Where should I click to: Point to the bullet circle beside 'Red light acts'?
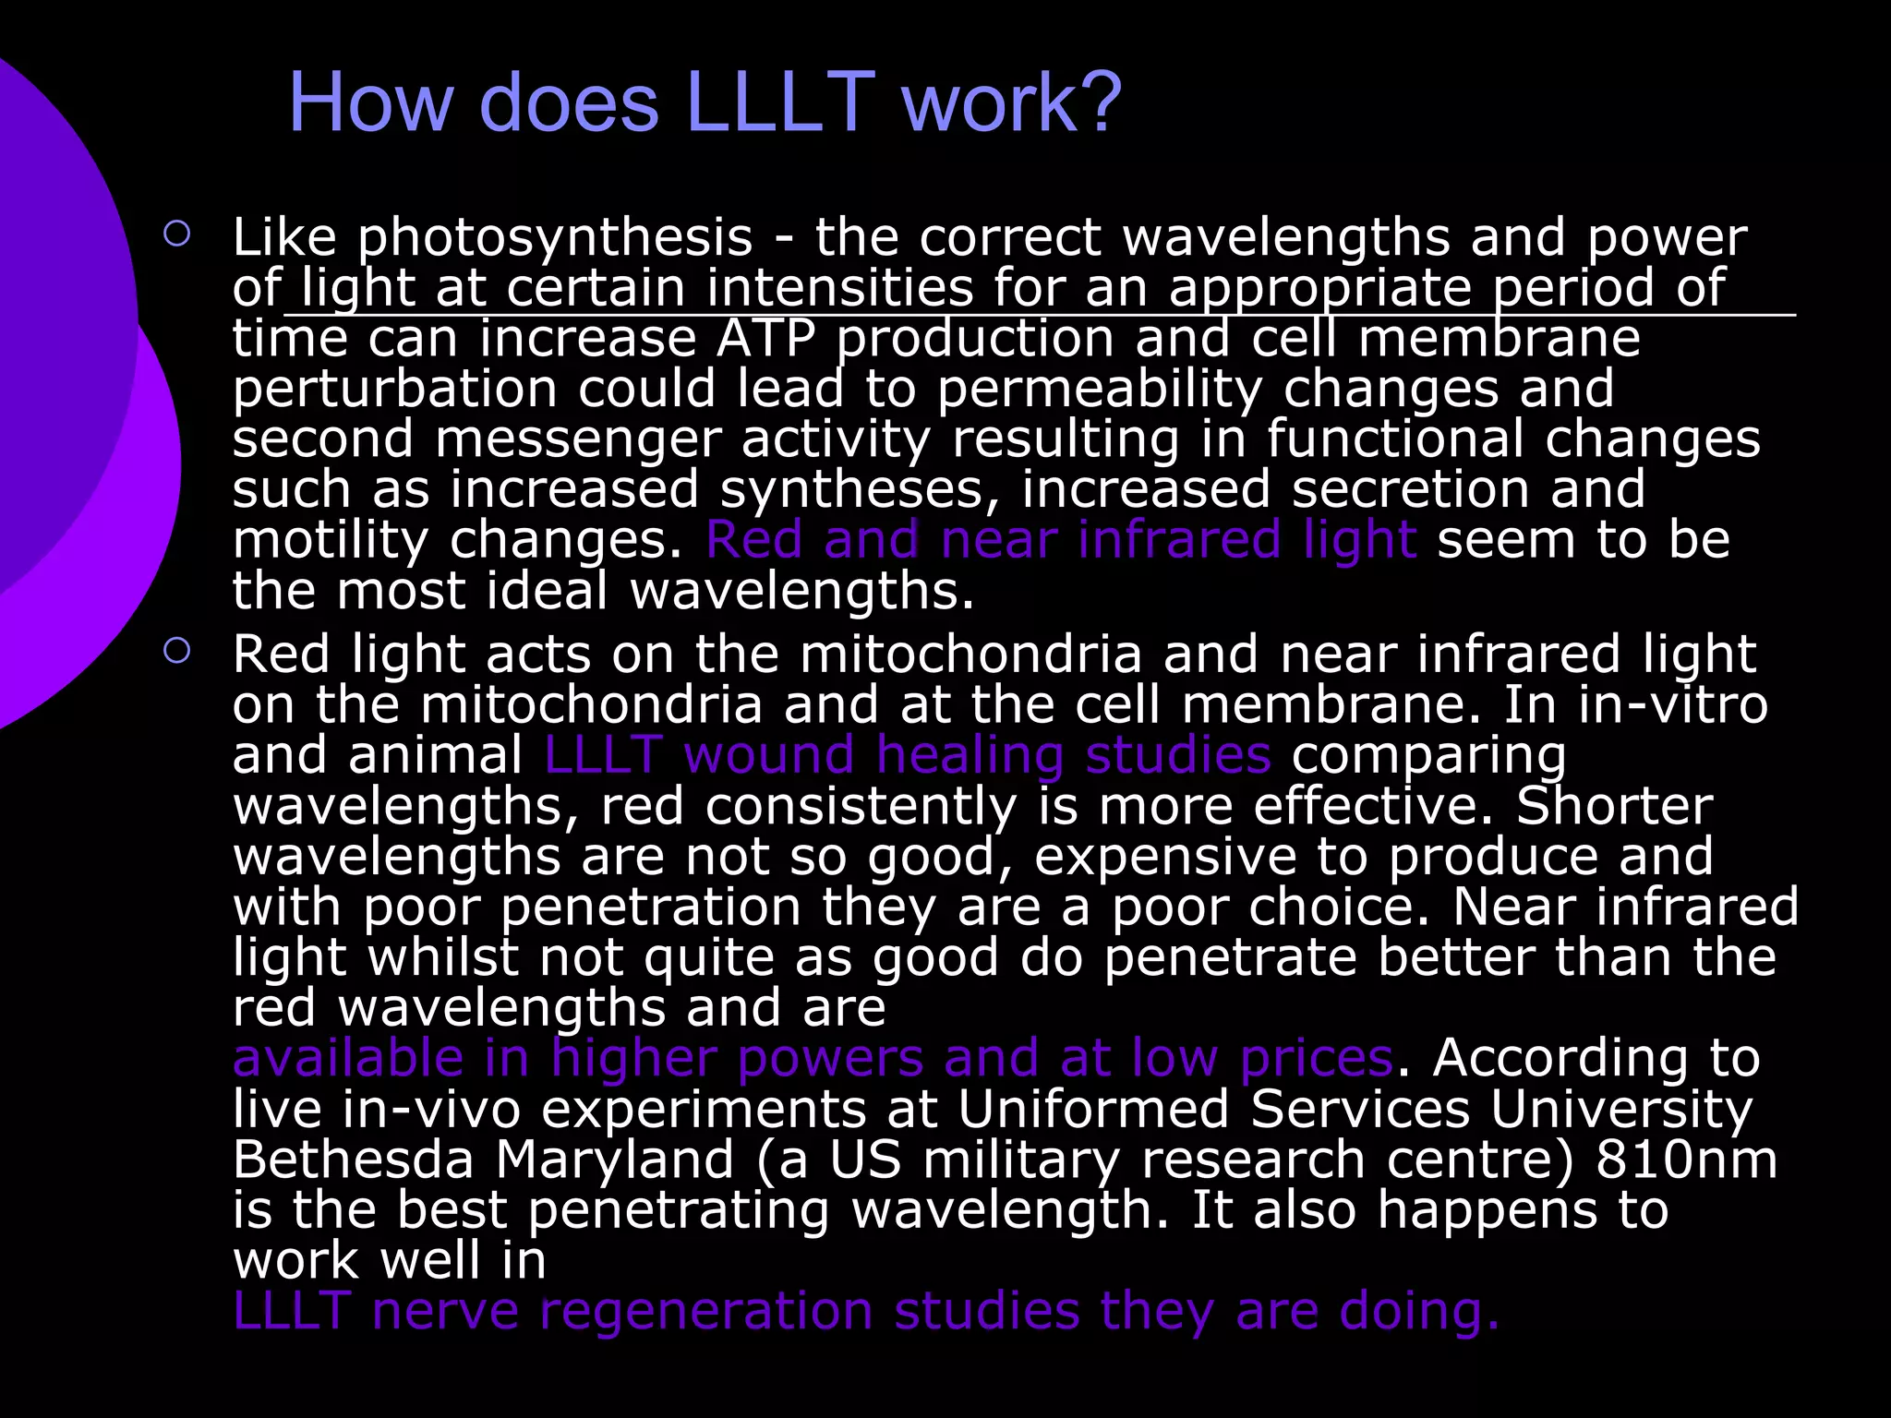coord(176,651)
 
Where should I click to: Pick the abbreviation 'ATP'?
coord(766,338)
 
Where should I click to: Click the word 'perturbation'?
coord(394,390)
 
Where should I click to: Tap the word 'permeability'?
coord(1099,390)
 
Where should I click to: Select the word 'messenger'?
coord(578,439)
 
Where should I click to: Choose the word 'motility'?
coord(330,540)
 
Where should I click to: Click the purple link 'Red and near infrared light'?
coord(1061,540)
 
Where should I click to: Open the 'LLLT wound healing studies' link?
coord(907,755)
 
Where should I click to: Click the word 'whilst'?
coord(444,957)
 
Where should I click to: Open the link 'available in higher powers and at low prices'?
coord(812,1058)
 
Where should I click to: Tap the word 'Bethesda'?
coord(353,1160)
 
